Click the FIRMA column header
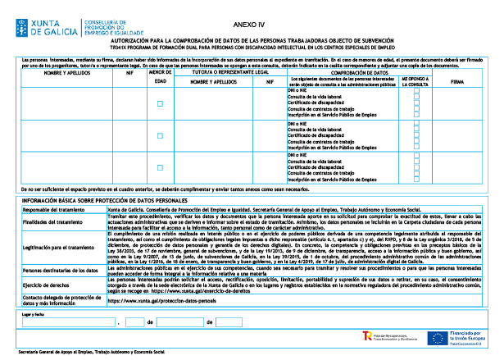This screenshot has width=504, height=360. click(x=456, y=80)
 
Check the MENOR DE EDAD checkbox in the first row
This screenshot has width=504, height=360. click(x=161, y=103)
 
